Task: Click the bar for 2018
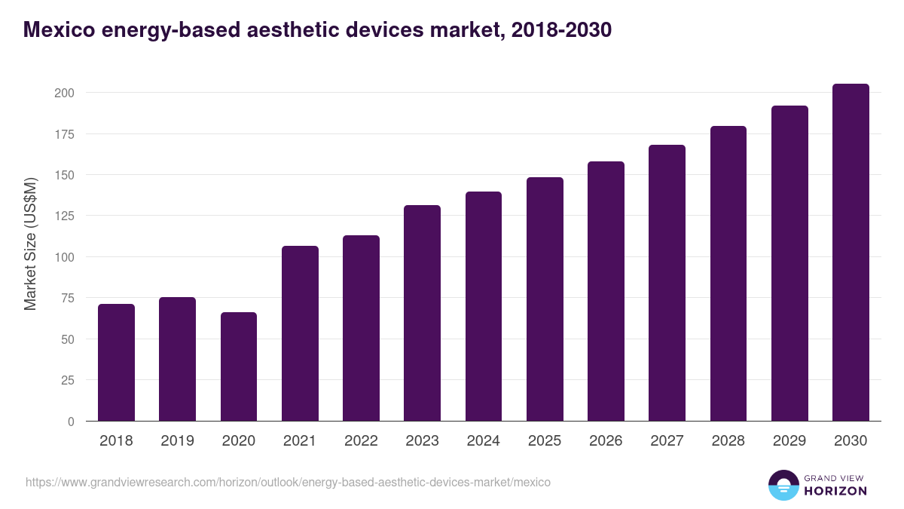[x=117, y=363]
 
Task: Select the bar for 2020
[x=239, y=366]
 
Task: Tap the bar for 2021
[x=300, y=333]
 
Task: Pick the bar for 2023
[x=422, y=313]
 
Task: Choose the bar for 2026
[x=606, y=291]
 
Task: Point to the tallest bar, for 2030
[x=851, y=253]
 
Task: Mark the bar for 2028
[x=728, y=274]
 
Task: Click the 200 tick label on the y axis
[x=64, y=93]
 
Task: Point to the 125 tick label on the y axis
[x=64, y=216]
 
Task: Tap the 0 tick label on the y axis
[x=71, y=422]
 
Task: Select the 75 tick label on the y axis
[x=67, y=298]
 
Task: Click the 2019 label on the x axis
[x=177, y=441]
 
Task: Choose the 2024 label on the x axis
[x=483, y=441]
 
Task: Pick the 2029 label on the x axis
[x=789, y=441]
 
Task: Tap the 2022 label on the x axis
[x=361, y=441]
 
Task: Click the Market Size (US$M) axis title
[x=30, y=244]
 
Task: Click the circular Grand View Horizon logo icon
[x=783, y=486]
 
